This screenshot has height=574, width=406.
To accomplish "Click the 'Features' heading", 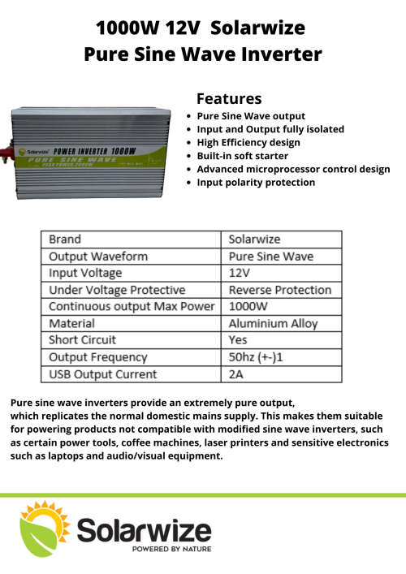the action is point(229,98).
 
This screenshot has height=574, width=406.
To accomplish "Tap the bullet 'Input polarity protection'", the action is point(256,183).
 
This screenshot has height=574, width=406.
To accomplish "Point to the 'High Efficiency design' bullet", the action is point(248,142).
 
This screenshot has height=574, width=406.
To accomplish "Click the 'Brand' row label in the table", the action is point(65,240).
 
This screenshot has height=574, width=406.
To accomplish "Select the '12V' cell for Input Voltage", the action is point(240,273).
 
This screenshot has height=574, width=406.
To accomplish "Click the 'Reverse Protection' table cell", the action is point(279,290).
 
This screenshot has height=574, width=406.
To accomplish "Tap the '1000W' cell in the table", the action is point(246,307).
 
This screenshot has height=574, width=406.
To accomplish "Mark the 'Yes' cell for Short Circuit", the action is point(238,340).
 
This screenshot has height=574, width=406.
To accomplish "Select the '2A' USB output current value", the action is point(236,374).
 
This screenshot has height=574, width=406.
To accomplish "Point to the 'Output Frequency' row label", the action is point(98,357).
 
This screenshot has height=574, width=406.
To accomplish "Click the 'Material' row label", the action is point(71,324).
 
